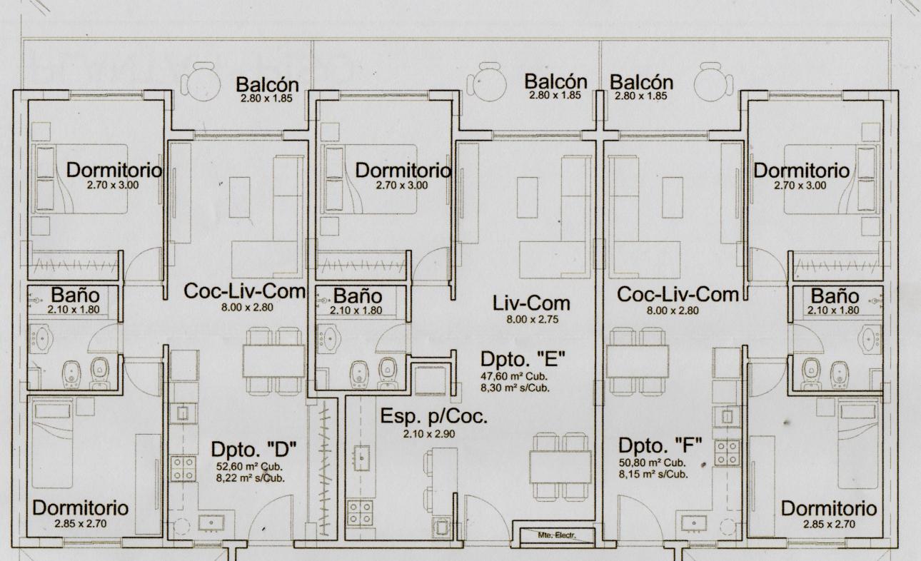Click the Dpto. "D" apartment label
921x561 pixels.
[253, 450]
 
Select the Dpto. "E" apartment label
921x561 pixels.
[523, 359]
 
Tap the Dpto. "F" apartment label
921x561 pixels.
[660, 445]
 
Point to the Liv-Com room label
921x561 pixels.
[531, 304]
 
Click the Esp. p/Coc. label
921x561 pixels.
[433, 416]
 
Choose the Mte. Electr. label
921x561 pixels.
[557, 535]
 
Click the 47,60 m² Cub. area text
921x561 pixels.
[514, 376]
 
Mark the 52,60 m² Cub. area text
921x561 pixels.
[249, 467]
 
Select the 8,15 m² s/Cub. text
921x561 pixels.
[653, 474]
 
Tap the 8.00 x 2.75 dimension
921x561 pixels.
[533, 319]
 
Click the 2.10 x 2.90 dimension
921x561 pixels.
[429, 434]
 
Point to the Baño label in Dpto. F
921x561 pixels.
[835, 296]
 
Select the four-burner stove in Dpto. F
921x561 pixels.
[728, 453]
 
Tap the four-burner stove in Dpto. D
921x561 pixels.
[183, 469]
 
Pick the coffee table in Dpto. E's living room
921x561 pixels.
[528, 197]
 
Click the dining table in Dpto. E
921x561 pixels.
[560, 467]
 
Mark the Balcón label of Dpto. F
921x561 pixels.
[641, 83]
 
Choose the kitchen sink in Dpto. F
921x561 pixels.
[694, 523]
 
